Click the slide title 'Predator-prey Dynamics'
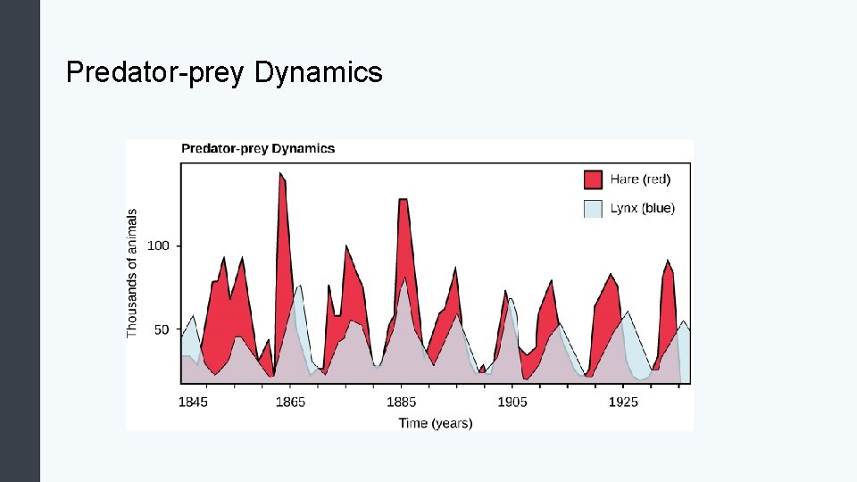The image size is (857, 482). click(224, 72)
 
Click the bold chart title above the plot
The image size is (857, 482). click(258, 149)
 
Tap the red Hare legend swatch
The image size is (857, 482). click(593, 179)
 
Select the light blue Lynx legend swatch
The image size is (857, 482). click(593, 209)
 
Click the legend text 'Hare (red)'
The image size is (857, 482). click(640, 179)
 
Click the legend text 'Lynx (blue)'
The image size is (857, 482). click(643, 209)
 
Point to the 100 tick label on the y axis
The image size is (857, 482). click(157, 245)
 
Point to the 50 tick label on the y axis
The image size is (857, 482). click(161, 330)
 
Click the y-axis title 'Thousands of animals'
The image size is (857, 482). click(133, 273)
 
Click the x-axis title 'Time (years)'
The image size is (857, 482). click(436, 423)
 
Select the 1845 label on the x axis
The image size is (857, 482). click(193, 403)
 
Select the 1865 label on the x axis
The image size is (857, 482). click(290, 403)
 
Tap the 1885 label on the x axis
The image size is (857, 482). click(402, 403)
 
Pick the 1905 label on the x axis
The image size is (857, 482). click(512, 403)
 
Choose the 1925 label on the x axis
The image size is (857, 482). click(623, 403)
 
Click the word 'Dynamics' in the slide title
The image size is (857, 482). click(319, 72)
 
